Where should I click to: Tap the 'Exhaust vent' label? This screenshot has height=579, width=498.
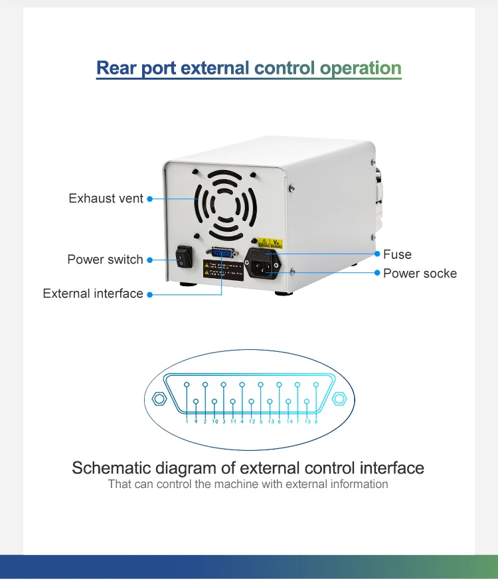click(x=106, y=199)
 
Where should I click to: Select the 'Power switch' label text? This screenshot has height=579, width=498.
click(x=105, y=260)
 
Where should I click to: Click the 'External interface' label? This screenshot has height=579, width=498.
click(x=93, y=293)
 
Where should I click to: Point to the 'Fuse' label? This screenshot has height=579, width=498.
click(x=397, y=254)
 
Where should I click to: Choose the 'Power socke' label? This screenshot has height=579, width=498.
click(x=420, y=273)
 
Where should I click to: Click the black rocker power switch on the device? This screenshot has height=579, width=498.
click(x=184, y=258)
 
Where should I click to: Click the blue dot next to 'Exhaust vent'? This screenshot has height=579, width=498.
click(x=149, y=199)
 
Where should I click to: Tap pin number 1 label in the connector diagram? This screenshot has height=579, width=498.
click(x=187, y=422)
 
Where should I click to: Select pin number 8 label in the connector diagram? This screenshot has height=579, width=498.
click(x=316, y=422)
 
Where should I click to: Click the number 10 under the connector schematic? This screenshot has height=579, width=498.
click(x=215, y=422)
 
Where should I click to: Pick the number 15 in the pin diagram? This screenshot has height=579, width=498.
click(x=307, y=422)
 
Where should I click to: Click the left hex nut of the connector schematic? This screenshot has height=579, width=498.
click(x=159, y=399)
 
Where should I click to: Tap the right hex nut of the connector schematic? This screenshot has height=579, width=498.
click(x=339, y=399)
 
